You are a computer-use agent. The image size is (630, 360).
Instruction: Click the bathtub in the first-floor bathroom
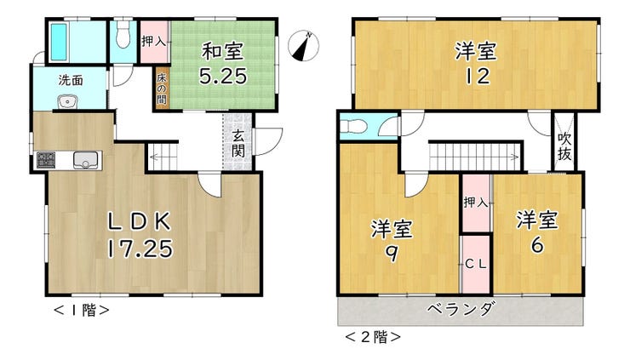point(59,42)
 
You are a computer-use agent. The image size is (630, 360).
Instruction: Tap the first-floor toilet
point(122,34)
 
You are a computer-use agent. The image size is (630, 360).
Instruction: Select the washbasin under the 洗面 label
point(67,101)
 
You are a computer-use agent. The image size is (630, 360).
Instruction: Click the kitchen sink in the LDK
point(85,160)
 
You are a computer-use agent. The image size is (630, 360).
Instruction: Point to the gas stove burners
point(46,160)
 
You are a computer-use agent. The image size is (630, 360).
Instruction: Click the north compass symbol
point(304,45)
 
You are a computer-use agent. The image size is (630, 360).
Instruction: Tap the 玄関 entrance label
point(238,144)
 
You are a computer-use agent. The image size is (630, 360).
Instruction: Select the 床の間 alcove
point(162,89)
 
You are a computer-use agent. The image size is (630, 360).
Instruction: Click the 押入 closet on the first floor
point(154,42)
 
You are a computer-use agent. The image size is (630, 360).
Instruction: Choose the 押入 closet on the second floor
point(476,203)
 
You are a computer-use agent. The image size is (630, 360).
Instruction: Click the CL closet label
point(476,265)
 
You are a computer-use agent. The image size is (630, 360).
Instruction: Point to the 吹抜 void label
point(564,146)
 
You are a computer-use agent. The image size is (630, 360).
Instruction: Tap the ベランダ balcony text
point(460,310)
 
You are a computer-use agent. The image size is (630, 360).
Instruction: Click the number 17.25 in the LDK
point(140,249)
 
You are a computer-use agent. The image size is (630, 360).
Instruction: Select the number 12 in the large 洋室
point(478,76)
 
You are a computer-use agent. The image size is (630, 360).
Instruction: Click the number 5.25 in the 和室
point(223,76)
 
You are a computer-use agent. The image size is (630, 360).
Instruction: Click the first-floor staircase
point(163,157)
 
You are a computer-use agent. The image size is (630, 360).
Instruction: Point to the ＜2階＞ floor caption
point(372,337)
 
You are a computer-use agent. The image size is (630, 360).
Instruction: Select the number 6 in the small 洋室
point(537,245)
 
